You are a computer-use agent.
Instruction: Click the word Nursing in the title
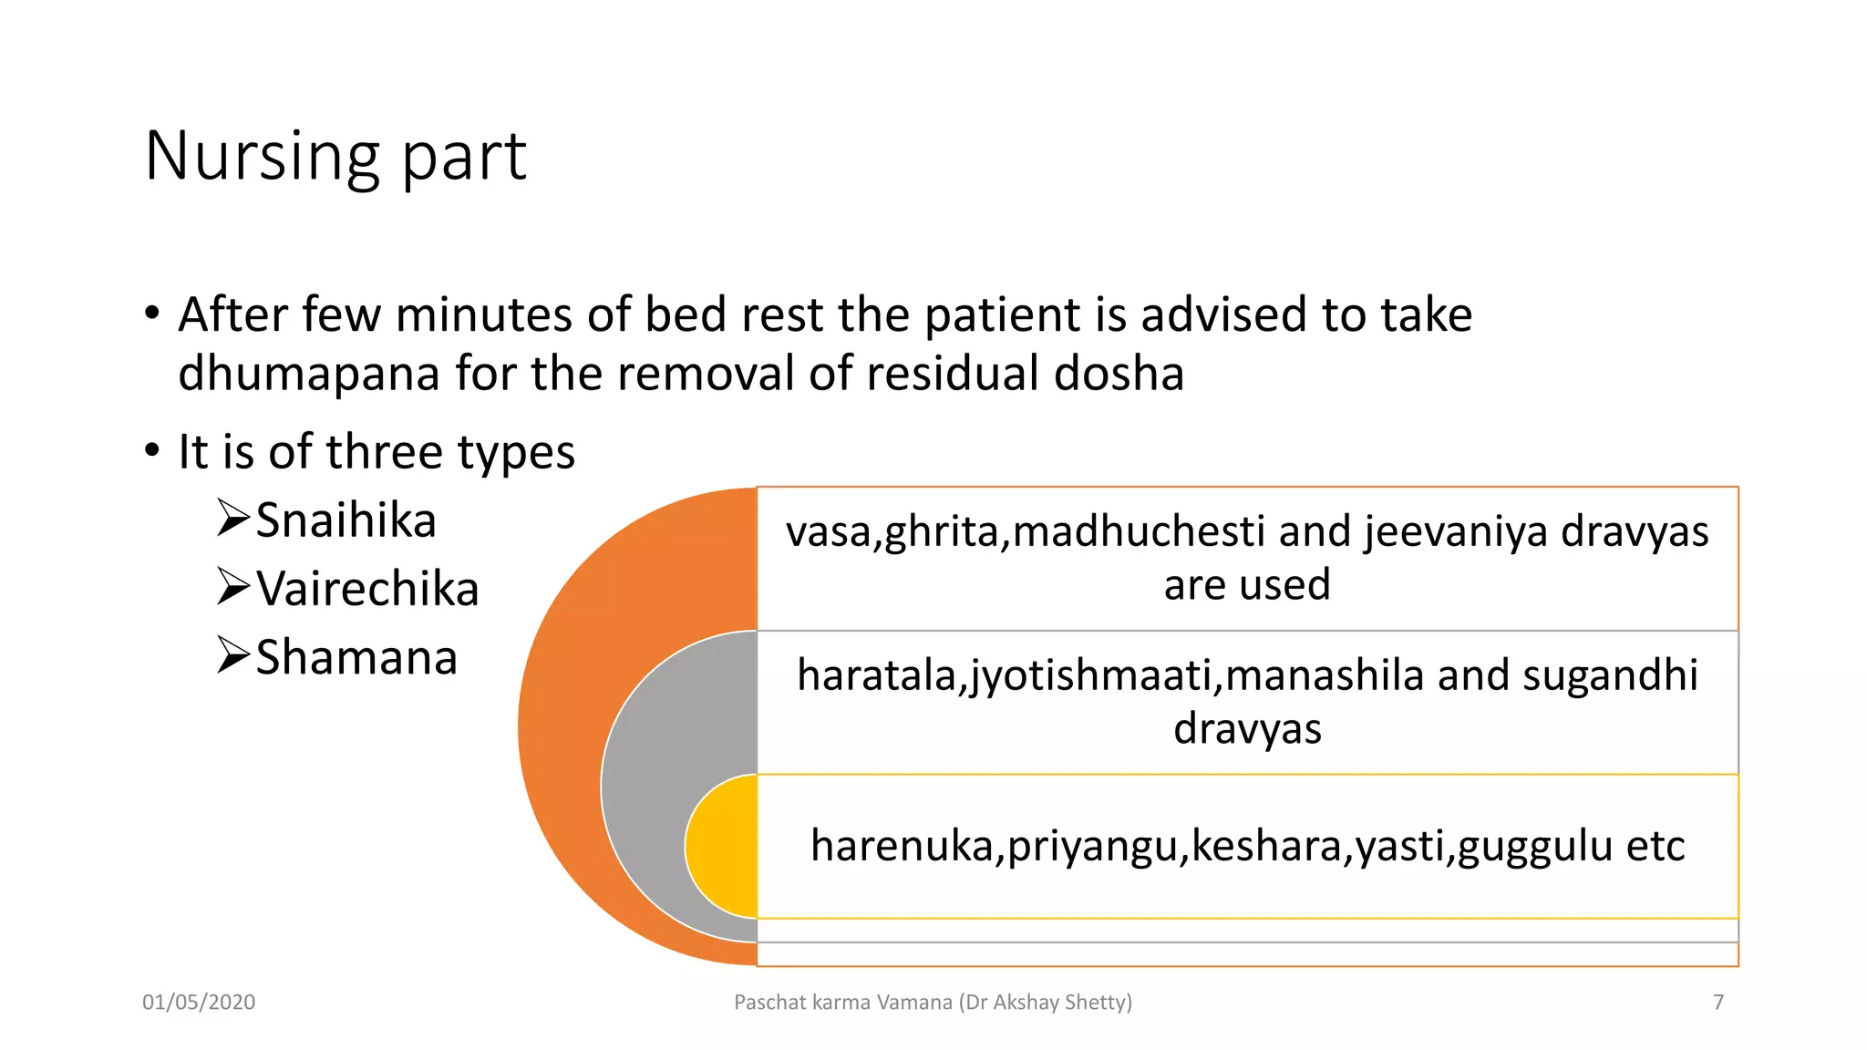click(261, 157)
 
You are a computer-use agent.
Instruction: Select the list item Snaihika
click(346, 520)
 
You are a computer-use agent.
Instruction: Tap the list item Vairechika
click(366, 589)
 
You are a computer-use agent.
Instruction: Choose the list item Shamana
click(356, 657)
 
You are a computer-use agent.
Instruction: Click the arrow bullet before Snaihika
click(232, 519)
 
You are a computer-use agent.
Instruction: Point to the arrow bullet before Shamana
click(232, 655)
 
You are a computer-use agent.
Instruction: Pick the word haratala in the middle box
click(876, 676)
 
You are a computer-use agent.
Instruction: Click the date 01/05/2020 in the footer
click(199, 1002)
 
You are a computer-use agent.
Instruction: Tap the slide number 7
click(1717, 1002)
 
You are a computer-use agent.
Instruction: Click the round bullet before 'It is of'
click(152, 450)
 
